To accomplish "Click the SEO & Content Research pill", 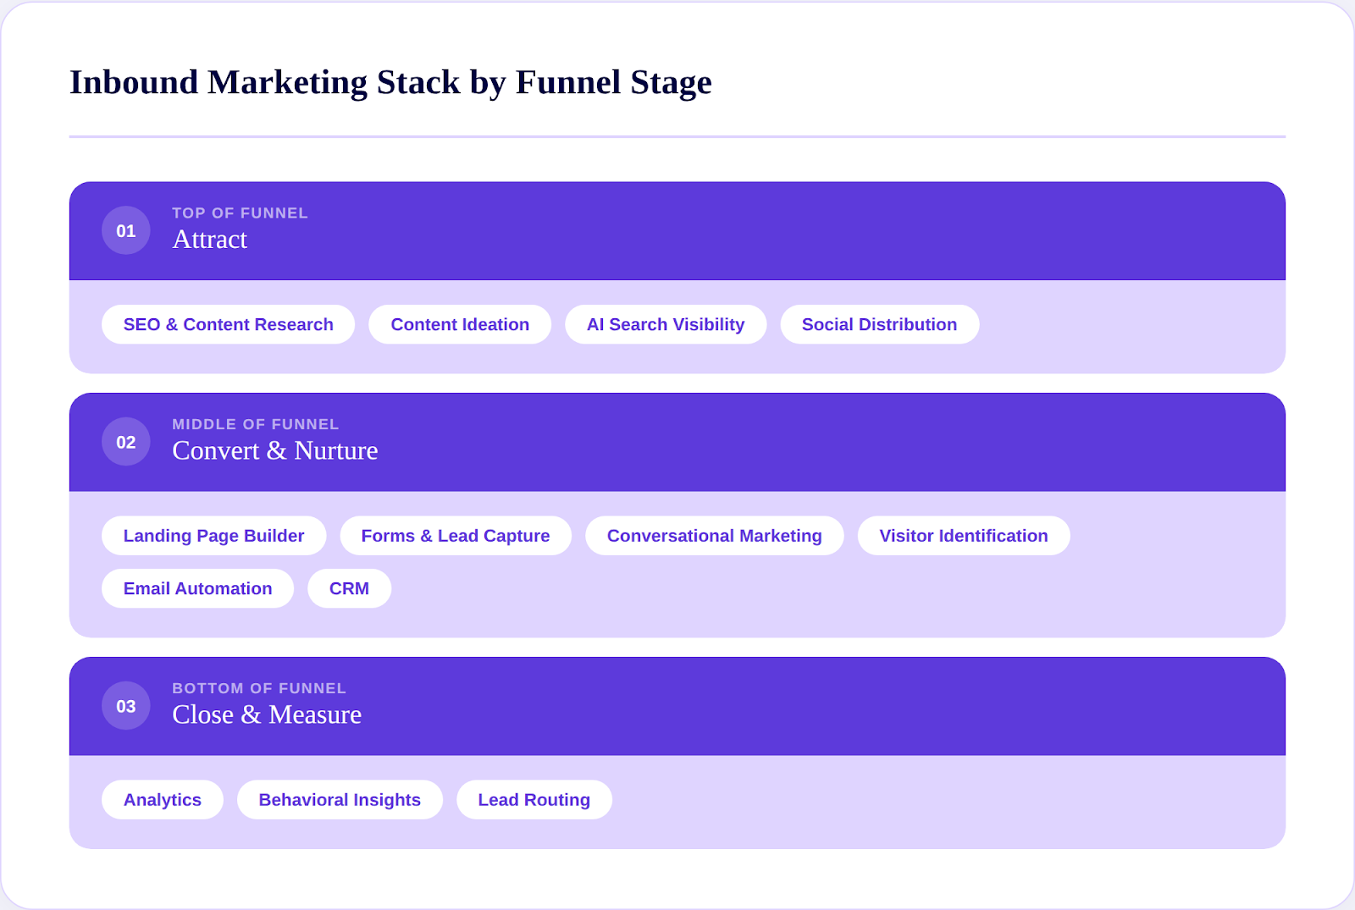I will pos(228,324).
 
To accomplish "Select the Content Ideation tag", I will pos(460,324).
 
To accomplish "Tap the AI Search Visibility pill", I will pos(666,324).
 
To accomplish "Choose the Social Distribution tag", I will pos(879,324).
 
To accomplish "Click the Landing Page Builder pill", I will pos(213,536).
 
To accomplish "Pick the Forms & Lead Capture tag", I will pos(456,536).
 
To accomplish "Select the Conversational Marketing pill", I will pos(714,536).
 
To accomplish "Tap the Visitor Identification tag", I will pos(964,536).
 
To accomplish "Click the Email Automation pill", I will pos(197,588).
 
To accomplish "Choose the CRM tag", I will pos(349,588).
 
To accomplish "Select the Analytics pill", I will pos(163,800).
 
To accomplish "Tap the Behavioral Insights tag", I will pos(340,800).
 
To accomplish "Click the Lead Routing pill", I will pos(534,800).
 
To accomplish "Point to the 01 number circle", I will pos(126,230).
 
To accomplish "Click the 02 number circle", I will pos(126,442).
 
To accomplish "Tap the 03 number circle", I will pos(126,706).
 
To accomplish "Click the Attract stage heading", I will pos(210,240).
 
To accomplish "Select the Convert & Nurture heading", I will pos(275,450).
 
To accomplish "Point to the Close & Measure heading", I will pos(267,714).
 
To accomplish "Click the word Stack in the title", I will pos(418,82).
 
